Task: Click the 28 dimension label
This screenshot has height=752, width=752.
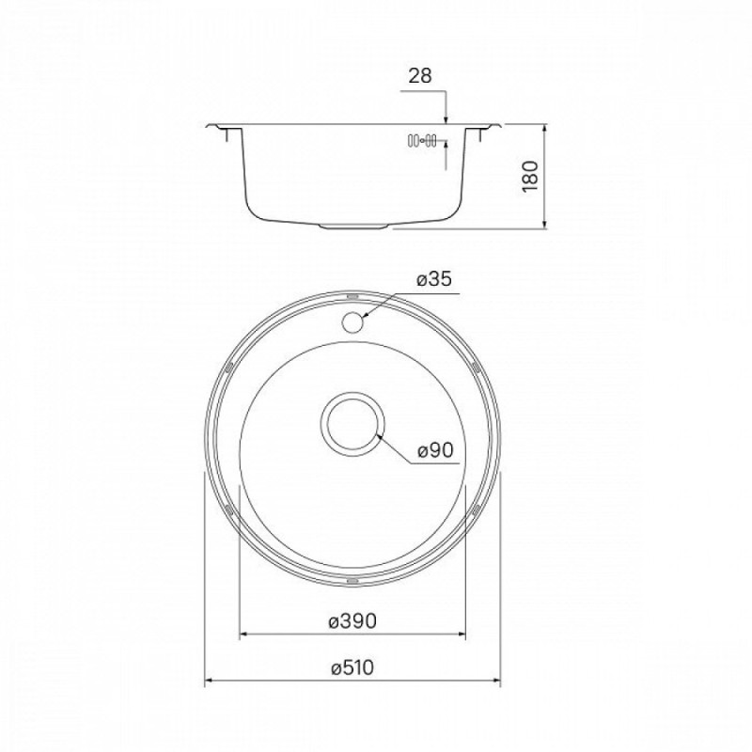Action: (x=420, y=76)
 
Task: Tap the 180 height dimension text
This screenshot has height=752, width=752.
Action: (x=530, y=177)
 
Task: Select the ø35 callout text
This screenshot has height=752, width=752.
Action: (x=434, y=279)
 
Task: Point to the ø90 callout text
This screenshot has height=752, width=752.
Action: (x=435, y=450)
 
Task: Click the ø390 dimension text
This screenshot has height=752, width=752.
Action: (x=352, y=621)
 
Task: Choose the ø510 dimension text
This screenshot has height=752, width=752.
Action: (x=352, y=667)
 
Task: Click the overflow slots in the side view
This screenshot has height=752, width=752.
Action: (x=421, y=140)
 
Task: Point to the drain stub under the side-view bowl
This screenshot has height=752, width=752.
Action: (x=352, y=226)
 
